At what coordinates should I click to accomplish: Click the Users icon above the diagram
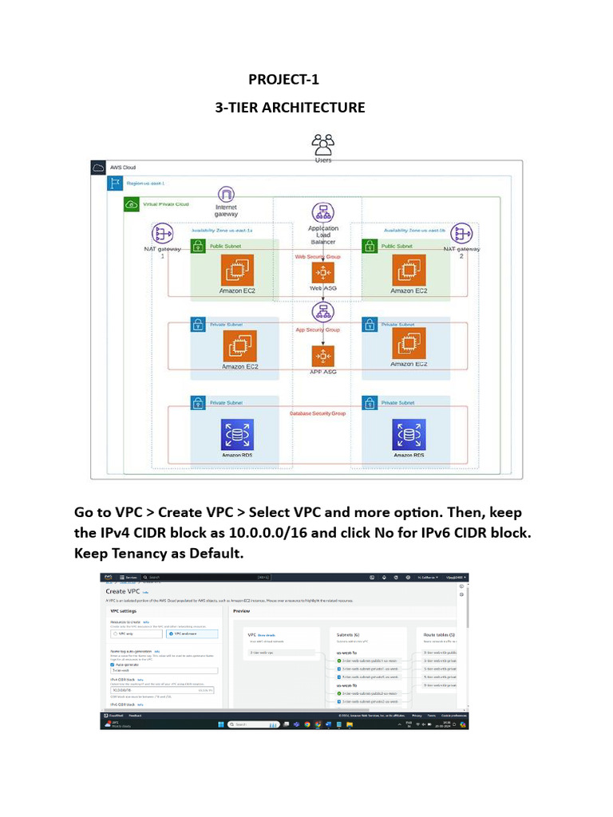point(322,144)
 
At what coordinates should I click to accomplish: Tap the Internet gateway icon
point(227,194)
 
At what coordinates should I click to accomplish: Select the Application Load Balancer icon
point(322,213)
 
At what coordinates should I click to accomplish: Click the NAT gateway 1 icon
point(163,234)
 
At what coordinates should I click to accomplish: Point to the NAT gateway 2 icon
point(461,234)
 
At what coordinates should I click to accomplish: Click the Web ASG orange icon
point(322,273)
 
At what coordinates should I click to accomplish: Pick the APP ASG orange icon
point(322,356)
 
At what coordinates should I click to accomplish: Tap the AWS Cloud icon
point(98,168)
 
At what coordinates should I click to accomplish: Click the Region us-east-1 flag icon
point(114,184)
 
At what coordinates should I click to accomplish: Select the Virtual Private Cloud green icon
point(131,205)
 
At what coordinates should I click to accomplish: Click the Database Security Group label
point(317,414)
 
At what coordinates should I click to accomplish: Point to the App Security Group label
point(317,330)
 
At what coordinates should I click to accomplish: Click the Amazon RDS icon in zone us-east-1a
point(237,435)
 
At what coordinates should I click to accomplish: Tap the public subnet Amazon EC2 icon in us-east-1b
point(408,270)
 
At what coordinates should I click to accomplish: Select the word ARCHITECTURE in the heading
point(314,107)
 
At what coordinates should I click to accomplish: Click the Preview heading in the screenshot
point(241,611)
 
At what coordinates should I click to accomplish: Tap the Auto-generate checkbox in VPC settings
point(113,665)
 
